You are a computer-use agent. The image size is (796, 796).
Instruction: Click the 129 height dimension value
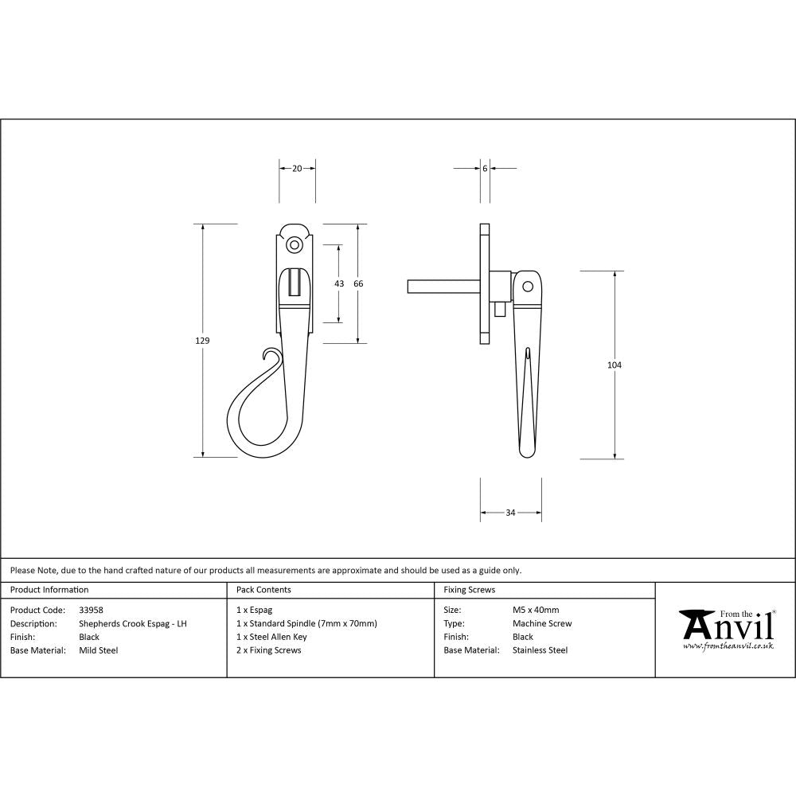pyautogui.click(x=202, y=341)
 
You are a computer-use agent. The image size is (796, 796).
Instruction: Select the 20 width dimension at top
pyautogui.click(x=297, y=168)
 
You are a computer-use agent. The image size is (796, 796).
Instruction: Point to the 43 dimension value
pyautogui.click(x=339, y=283)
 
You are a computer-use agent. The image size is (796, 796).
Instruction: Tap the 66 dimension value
pyautogui.click(x=358, y=283)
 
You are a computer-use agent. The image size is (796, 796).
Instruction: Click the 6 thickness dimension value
pyautogui.click(x=485, y=168)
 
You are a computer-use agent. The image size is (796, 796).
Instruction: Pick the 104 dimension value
pyautogui.click(x=614, y=365)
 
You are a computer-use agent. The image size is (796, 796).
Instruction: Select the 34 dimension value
pyautogui.click(x=510, y=513)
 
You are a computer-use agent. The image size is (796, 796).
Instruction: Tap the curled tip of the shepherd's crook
pyautogui.click(x=271, y=354)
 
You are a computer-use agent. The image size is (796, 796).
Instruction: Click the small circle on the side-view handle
pyautogui.click(x=526, y=286)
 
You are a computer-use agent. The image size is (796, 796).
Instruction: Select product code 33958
pyautogui.click(x=92, y=610)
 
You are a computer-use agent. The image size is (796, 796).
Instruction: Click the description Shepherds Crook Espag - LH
pyautogui.click(x=133, y=623)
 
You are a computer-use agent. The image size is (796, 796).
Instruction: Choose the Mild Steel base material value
pyautogui.click(x=99, y=650)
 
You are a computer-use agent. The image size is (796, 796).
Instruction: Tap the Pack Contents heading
pyautogui.click(x=264, y=590)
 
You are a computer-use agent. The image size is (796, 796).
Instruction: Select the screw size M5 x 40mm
pyautogui.click(x=536, y=610)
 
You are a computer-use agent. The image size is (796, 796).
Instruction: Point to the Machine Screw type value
pyautogui.click(x=542, y=623)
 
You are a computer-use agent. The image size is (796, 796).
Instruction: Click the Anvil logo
pyautogui.click(x=726, y=628)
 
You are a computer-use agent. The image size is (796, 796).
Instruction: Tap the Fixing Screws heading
pyautogui.click(x=470, y=590)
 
